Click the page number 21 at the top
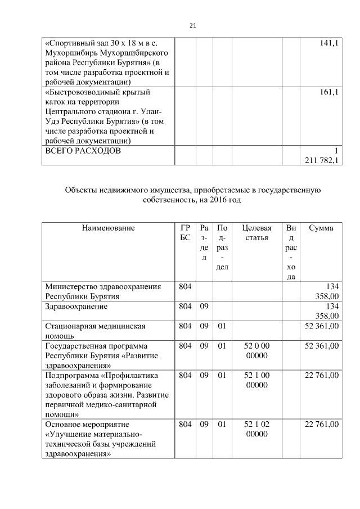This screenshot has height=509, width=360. coord(192,25)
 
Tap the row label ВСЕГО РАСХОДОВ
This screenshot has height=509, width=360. coord(82,151)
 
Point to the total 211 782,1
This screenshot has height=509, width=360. coord(322,160)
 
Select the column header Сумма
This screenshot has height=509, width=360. coord(321,228)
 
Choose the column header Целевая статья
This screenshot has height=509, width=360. coord(256,233)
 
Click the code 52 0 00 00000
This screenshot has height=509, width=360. coord(256,350)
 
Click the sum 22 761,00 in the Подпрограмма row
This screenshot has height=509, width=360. coord(322,375)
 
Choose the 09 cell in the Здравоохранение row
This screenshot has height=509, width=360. coord(204,307)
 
